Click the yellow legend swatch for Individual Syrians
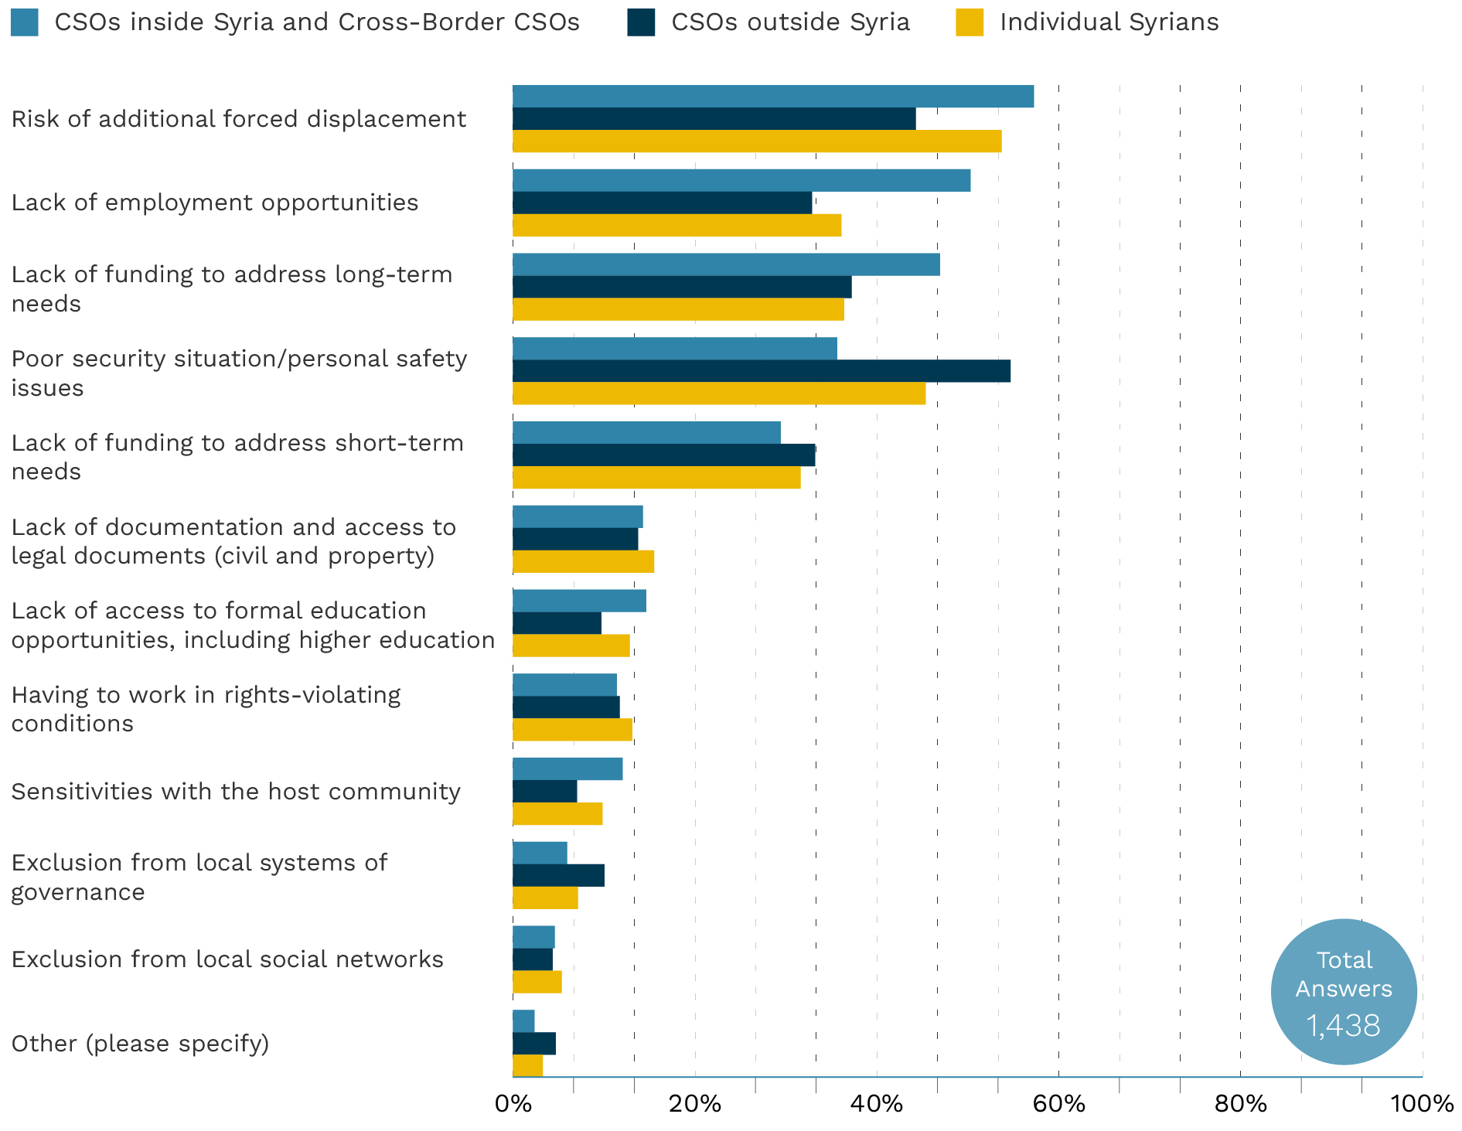point(970,22)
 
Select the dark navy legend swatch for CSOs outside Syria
point(641,22)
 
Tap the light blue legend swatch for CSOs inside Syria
point(24,22)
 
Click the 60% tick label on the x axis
point(1058,1104)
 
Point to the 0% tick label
point(513,1104)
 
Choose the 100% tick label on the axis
point(1421,1104)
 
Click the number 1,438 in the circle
point(1343,1026)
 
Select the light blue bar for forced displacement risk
point(773,97)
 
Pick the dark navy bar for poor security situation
point(762,371)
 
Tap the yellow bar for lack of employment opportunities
point(676,226)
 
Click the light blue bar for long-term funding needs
point(726,264)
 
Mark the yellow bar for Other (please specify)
point(528,1065)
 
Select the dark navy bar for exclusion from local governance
point(558,876)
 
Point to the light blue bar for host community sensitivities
point(567,769)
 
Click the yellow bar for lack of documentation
point(583,562)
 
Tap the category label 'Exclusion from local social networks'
point(227,959)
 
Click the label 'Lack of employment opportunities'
point(214,203)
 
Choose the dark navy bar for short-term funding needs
point(663,455)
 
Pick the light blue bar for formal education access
point(579,601)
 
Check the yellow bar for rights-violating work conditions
point(572,730)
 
